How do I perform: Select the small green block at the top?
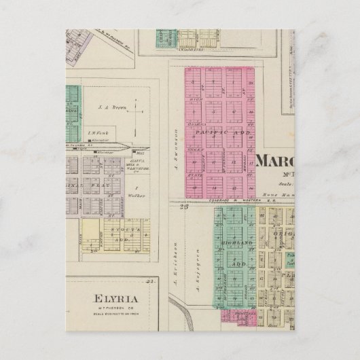coord(165,37)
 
